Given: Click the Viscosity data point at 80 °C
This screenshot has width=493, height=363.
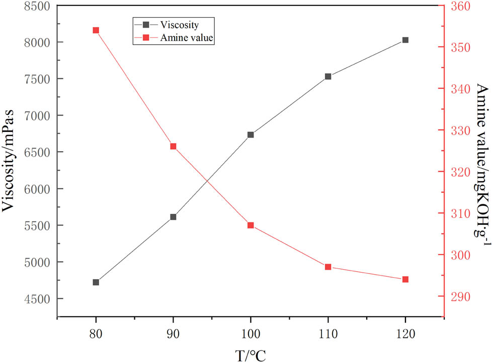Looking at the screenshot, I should pos(96,282).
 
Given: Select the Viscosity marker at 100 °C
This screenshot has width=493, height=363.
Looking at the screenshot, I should pos(251,135).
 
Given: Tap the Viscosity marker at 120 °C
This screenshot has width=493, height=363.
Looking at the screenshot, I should pos(405,40).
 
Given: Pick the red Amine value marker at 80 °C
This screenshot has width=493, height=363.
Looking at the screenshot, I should pos(96,30).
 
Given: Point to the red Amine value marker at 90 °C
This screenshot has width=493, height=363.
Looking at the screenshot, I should pos(173,147).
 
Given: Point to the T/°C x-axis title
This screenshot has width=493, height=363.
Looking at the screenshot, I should pos(250,355).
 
